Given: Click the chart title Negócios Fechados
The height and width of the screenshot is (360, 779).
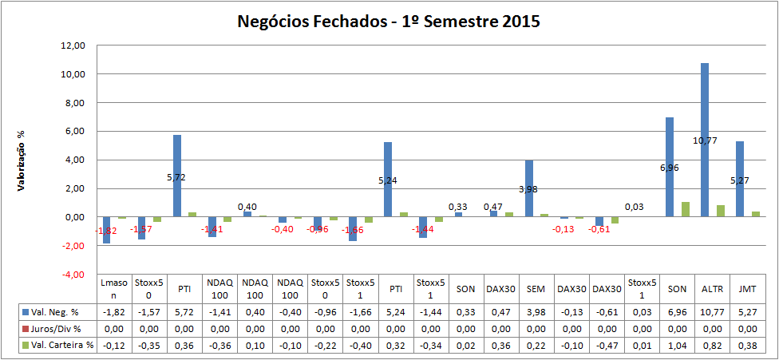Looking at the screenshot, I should coord(389,22).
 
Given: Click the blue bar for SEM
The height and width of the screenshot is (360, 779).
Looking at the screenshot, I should coord(529,188).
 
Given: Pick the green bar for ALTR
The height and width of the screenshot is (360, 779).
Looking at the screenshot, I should coord(721,211).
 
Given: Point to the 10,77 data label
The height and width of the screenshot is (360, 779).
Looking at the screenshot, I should coord(705,140).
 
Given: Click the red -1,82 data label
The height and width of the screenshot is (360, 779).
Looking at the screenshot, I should coord(107,231).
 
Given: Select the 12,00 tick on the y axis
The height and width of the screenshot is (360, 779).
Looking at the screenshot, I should coord(73,45).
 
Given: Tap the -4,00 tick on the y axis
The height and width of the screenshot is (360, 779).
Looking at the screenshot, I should coord(72,274).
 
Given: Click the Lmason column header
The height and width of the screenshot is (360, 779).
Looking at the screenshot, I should coord(114,288).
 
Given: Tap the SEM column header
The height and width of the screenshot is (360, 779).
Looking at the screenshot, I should coord(535,288).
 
